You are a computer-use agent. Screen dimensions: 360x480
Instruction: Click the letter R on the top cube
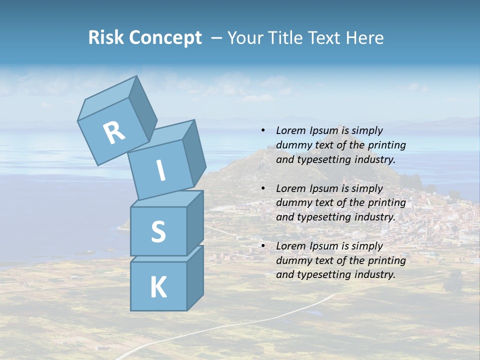click(114, 132)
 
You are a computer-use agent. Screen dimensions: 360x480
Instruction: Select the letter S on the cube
click(158, 231)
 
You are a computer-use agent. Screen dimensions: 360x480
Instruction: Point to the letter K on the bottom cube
click(158, 287)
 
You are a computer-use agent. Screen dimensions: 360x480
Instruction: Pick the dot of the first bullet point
click(263, 130)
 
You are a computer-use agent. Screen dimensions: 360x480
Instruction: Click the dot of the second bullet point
click(263, 188)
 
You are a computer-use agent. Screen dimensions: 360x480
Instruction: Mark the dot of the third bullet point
click(263, 246)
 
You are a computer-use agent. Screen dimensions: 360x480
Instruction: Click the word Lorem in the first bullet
click(291, 130)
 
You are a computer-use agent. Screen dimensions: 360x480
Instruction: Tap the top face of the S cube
click(166, 199)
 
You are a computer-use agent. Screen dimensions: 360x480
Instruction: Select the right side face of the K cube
click(195, 277)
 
